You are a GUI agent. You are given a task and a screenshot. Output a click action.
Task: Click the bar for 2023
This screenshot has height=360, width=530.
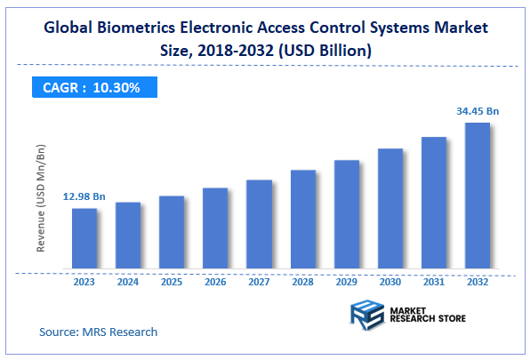coord(84,238)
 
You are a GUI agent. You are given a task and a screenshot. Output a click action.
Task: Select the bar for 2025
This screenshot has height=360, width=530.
coord(172,232)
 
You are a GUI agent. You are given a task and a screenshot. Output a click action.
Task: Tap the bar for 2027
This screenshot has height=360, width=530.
coord(259,224)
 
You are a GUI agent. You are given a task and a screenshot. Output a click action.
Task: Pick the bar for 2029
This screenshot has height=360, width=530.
coord(346,214)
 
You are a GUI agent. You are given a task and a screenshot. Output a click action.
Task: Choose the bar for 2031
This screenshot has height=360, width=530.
coord(433,203)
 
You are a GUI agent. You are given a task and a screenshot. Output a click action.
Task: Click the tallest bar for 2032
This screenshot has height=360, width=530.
coord(477,196)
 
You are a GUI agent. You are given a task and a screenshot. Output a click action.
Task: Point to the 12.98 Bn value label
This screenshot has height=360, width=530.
coord(84,196)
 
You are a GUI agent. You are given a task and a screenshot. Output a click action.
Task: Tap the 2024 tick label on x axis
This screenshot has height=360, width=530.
coord(128,283)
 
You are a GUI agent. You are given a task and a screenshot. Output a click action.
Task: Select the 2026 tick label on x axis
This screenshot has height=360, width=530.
coord(215,283)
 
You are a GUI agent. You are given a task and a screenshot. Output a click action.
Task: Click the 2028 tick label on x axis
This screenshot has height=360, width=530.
coord(302,283)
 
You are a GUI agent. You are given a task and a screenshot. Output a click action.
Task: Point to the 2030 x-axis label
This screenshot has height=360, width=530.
coord(389,283)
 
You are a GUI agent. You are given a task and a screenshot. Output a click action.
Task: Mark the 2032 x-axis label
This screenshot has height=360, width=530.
coord(477,283)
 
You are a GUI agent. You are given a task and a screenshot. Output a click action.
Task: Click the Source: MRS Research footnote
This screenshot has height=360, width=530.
coord(98,332)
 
